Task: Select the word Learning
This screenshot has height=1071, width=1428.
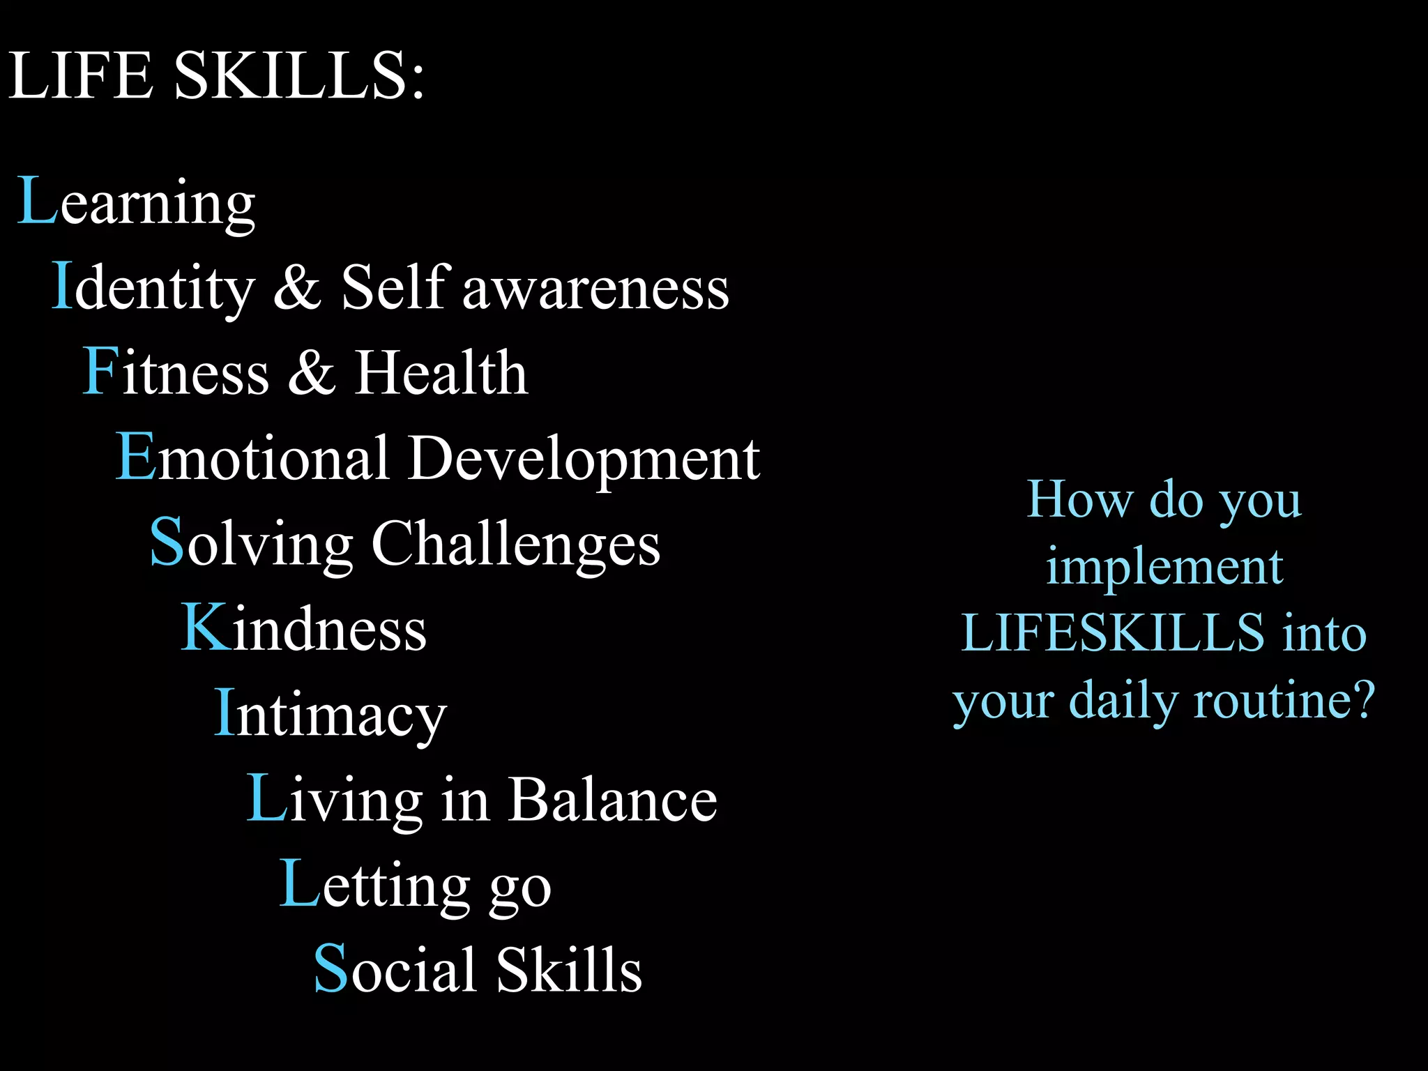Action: coord(137,204)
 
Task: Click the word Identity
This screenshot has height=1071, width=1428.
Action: coord(154,288)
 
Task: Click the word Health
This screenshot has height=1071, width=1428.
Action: coord(441,373)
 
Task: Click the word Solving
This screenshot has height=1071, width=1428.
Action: coord(252,544)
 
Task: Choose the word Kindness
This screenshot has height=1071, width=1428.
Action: coord(304,629)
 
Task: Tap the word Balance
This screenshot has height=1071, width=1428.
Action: coord(613,800)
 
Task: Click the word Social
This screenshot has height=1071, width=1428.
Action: coord(397,970)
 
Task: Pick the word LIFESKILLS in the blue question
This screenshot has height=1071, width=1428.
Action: coord(1113,633)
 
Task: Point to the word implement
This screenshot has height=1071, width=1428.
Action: coord(1164,566)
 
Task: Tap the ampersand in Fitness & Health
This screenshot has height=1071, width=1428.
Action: coord(312,373)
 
